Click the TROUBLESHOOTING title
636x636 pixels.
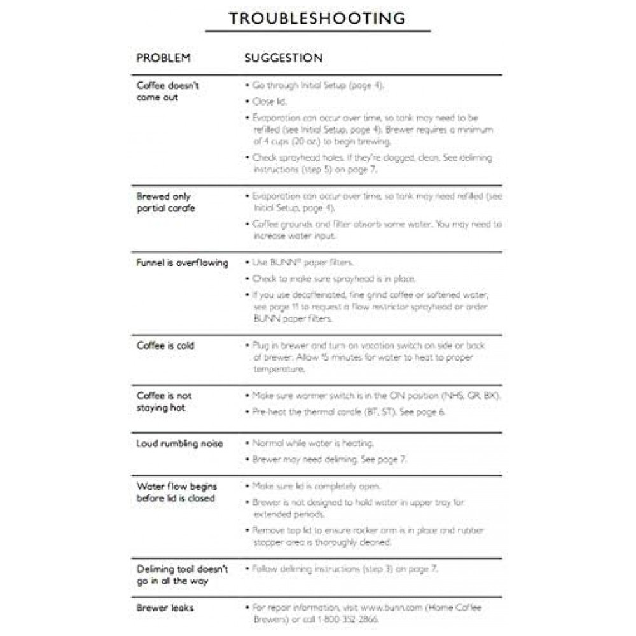(x=317, y=18)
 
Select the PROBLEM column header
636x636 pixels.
(x=163, y=58)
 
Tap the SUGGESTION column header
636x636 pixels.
(x=284, y=58)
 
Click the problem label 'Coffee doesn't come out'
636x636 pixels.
(x=167, y=91)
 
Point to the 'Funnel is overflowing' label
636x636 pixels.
(x=182, y=263)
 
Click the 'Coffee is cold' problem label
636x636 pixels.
(x=165, y=345)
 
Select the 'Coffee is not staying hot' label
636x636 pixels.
(x=163, y=401)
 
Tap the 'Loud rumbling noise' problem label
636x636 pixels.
(x=179, y=443)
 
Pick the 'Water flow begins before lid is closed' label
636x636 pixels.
(x=176, y=492)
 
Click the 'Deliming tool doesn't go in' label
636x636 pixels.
(x=182, y=575)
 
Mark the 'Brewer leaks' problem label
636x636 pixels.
(x=165, y=608)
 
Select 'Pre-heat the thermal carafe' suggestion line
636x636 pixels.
(x=349, y=412)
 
